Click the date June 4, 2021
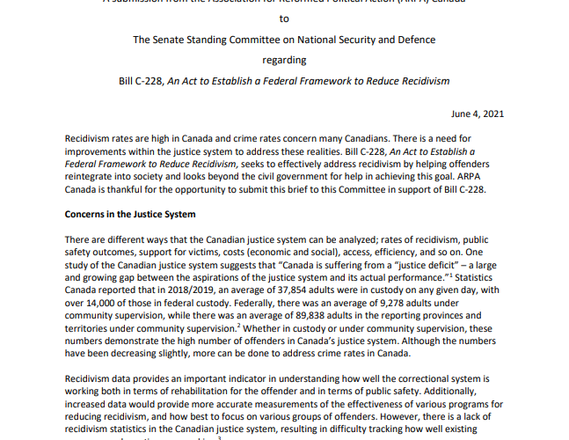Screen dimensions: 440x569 tap(478, 114)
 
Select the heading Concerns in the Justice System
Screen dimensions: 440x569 tap(130, 214)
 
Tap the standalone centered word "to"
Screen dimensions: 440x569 tap(284, 18)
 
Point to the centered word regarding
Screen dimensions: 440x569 tap(284, 60)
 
